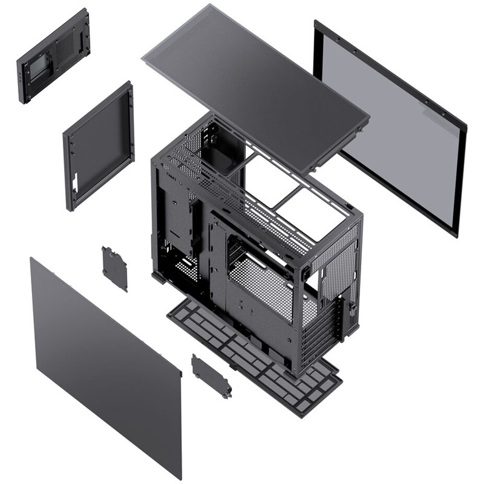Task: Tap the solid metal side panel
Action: click(x=105, y=366)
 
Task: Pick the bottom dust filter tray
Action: click(x=256, y=355)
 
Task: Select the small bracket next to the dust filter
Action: click(x=211, y=376)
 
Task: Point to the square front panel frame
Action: click(x=99, y=146)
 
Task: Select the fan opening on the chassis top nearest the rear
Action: click(x=308, y=209)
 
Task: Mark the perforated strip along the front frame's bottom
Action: click(x=102, y=183)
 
